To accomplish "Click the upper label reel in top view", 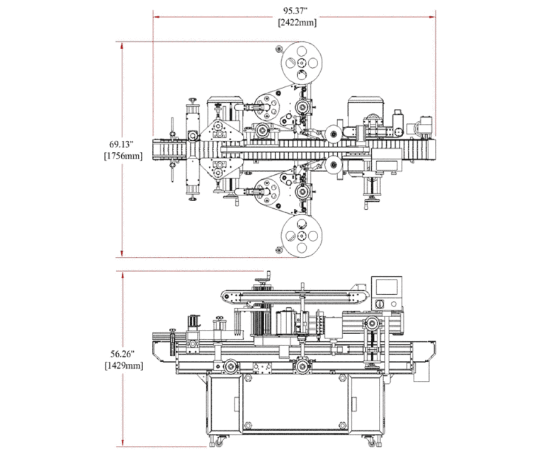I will pyautogui.click(x=300, y=62).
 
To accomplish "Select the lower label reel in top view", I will pyautogui.click(x=300, y=235).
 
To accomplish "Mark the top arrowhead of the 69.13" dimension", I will pyautogui.click(x=123, y=45).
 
